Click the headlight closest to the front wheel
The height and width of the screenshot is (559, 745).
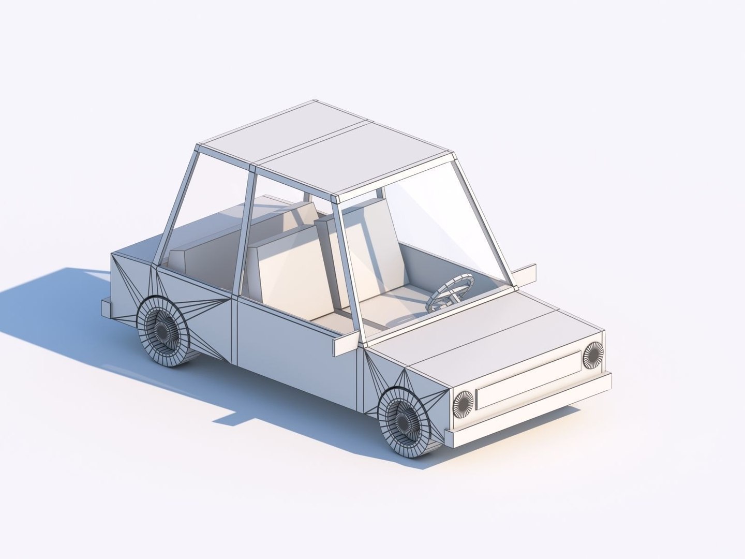[x=463, y=402]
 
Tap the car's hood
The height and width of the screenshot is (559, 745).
[x=481, y=331]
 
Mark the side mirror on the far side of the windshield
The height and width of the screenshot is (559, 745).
[x=524, y=273]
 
